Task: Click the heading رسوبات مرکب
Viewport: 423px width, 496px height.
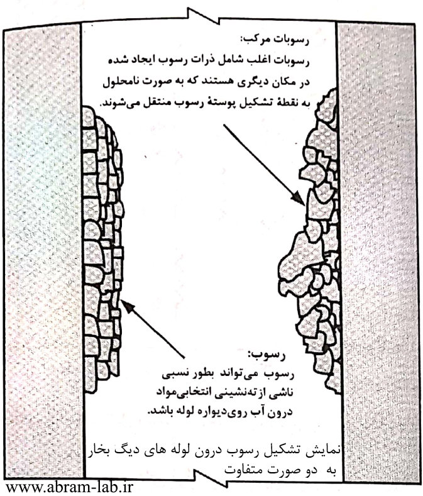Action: click(x=275, y=40)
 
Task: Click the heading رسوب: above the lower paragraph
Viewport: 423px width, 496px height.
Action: click(x=266, y=355)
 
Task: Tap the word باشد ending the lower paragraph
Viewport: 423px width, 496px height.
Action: click(x=160, y=412)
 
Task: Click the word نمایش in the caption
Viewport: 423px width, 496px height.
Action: click(x=324, y=451)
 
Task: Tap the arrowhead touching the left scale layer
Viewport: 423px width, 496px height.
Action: click(x=127, y=306)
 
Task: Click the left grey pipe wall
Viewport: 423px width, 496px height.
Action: click(x=43, y=253)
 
